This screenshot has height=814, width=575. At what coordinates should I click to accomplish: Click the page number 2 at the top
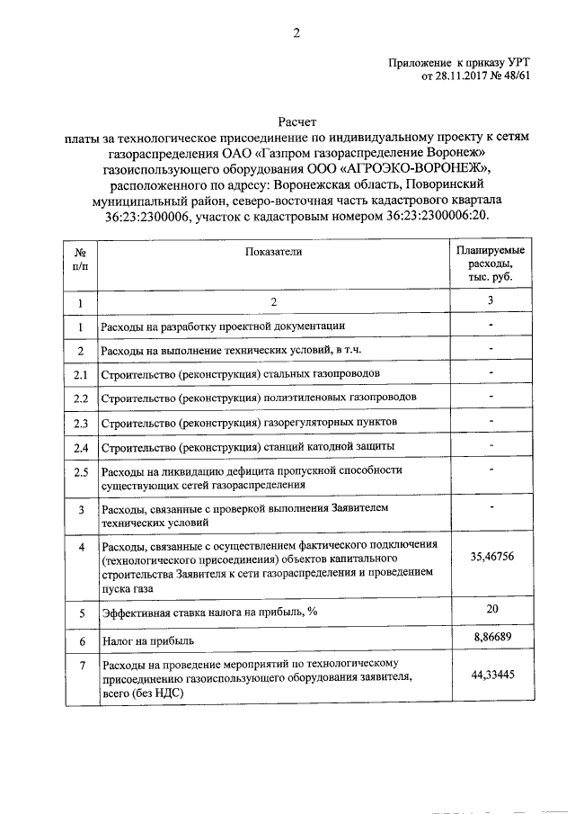click(x=296, y=33)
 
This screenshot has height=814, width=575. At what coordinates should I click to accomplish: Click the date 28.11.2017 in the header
click(x=464, y=76)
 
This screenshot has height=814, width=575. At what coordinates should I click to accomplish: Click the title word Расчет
click(x=296, y=121)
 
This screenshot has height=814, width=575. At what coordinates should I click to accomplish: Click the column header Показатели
click(x=274, y=252)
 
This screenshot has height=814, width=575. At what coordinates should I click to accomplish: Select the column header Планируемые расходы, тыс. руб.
click(x=491, y=264)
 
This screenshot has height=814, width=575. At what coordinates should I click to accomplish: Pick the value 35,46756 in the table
click(x=491, y=557)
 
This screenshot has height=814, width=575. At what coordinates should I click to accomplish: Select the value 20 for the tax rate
click(x=491, y=609)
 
